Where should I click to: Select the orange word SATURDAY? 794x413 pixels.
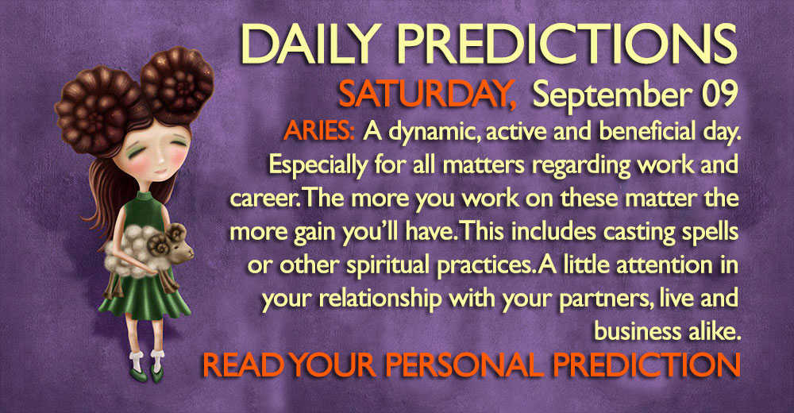pyautogui.click(x=427, y=95)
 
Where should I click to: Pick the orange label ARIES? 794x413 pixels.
pyautogui.click(x=319, y=131)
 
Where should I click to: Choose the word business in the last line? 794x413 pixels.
pyautogui.click(x=638, y=333)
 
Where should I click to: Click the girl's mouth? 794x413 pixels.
pyautogui.click(x=159, y=171)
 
